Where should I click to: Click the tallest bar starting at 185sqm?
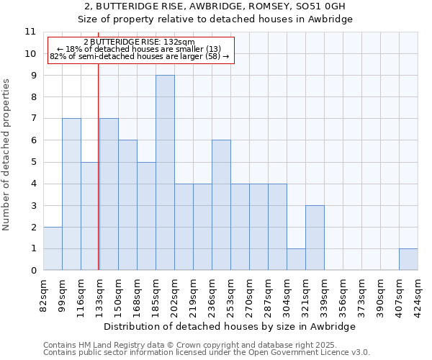(x=165, y=173)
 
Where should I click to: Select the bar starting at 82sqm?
(x=53, y=248)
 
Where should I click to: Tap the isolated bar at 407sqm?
(x=408, y=259)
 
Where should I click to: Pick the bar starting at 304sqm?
(x=296, y=259)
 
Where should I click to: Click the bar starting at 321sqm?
(x=315, y=238)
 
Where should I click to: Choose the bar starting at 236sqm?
(x=221, y=205)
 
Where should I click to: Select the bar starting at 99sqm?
(x=71, y=194)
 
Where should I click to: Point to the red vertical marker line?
(x=98, y=180)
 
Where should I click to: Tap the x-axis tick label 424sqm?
(x=418, y=294)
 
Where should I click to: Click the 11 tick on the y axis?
(x=30, y=32)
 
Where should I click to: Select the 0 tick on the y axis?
(x=33, y=271)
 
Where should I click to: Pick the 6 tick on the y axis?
(x=33, y=140)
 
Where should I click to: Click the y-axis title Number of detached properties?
(x=7, y=155)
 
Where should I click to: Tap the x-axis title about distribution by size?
(x=230, y=326)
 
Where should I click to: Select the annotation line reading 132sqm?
(x=139, y=42)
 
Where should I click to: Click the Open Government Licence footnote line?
(x=207, y=353)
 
